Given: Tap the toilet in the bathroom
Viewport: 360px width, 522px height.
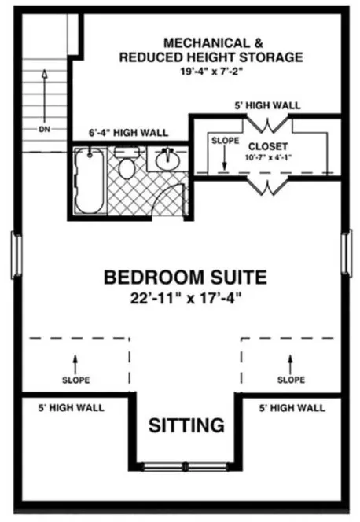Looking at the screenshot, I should coord(126,166).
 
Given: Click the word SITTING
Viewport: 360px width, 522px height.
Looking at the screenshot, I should coord(186,426).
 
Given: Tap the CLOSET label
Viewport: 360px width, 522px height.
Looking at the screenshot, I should coord(268,146).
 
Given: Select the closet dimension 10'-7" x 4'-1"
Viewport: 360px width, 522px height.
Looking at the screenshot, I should coord(268,157).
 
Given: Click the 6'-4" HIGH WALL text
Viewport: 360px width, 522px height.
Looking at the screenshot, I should coord(130,133).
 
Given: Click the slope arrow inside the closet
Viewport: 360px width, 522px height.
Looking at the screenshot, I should coord(224,161).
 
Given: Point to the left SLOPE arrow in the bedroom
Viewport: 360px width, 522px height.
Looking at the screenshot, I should coord(75,363).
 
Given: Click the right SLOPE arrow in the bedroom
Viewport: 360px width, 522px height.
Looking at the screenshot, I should coord(291,363).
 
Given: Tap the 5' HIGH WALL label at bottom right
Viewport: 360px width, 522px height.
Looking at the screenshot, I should coord(290,408).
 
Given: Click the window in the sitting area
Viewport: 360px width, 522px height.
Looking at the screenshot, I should coord(186,467).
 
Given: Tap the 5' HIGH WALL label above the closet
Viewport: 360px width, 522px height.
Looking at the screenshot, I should coord(266,105).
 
